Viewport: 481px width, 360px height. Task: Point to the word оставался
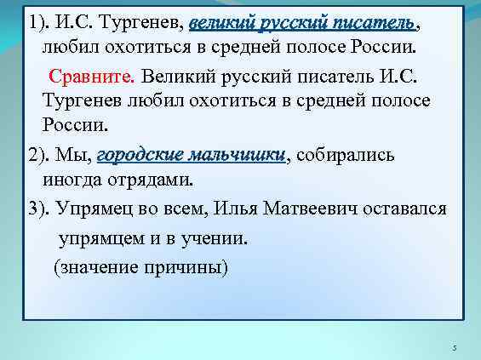tap(404, 209)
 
